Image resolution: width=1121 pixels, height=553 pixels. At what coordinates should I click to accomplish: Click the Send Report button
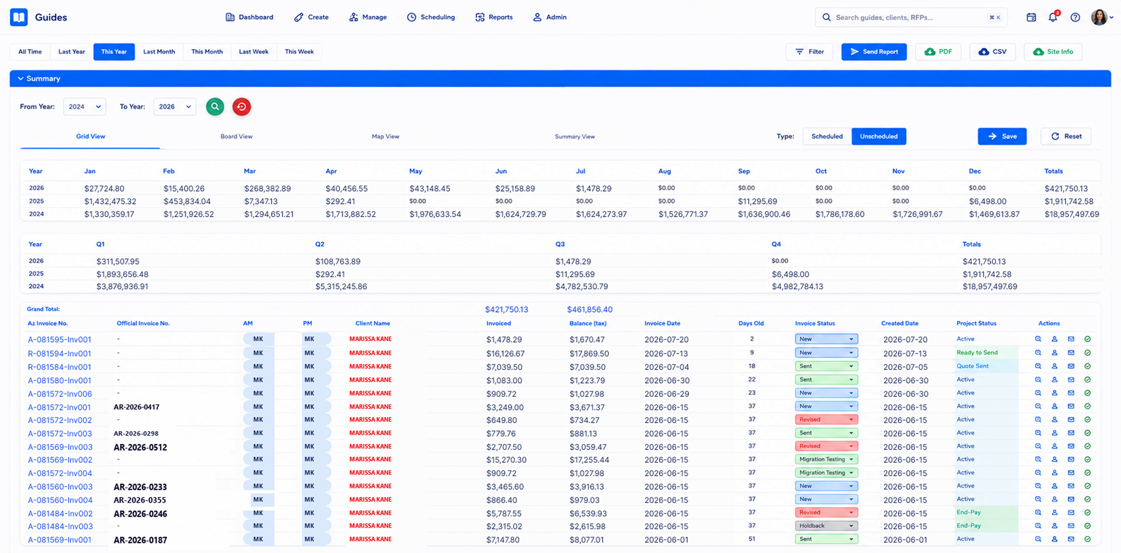(x=874, y=52)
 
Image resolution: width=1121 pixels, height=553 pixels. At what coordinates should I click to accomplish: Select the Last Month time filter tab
(x=159, y=52)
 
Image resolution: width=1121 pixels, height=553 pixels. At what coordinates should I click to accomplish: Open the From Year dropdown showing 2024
(x=84, y=106)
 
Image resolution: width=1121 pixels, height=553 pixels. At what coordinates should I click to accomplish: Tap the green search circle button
(x=215, y=106)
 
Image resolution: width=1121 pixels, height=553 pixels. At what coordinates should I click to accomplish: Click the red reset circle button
(x=241, y=106)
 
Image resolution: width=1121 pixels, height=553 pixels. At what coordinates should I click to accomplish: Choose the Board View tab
(x=236, y=136)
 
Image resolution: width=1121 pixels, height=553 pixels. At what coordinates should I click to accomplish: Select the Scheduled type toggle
(x=827, y=136)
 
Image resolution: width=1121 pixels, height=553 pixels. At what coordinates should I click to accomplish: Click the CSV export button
(x=992, y=52)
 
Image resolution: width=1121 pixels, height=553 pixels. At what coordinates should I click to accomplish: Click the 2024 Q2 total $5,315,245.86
(x=341, y=287)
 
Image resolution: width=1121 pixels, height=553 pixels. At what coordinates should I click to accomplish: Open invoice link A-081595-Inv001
(x=59, y=340)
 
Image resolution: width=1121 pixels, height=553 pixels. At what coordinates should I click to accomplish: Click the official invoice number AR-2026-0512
(x=140, y=447)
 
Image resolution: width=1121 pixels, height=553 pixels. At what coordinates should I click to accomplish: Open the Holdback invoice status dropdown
(x=827, y=526)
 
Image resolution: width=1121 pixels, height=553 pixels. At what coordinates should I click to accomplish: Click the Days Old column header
(x=751, y=323)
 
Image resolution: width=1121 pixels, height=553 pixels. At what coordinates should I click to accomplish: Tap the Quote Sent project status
(x=972, y=366)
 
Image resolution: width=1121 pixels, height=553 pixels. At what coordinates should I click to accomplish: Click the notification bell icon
(x=1053, y=17)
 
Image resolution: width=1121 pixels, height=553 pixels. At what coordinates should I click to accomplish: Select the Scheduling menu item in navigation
(x=431, y=17)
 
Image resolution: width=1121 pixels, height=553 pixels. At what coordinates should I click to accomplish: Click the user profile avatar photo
(x=1099, y=17)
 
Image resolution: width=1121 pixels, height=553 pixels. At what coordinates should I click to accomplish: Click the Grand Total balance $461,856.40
(x=590, y=310)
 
